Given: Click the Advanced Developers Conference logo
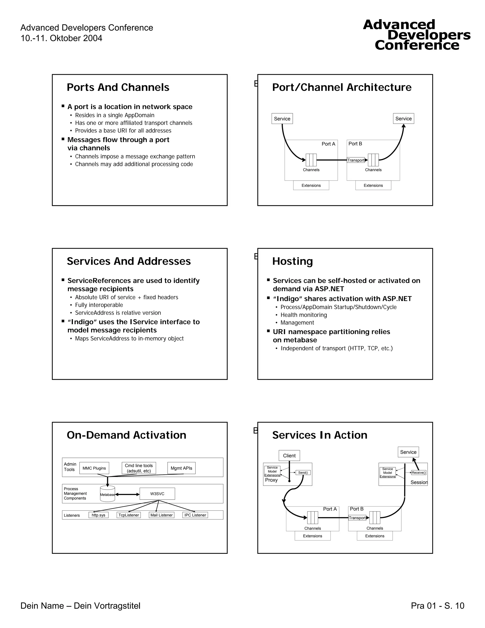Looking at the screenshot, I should (x=417, y=35).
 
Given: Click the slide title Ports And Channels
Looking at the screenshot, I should (x=118, y=87).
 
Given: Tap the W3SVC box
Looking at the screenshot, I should (x=157, y=494).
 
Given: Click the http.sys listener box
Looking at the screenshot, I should (x=99, y=515).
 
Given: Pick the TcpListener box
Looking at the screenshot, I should (x=129, y=515).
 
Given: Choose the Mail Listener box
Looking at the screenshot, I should (x=162, y=515).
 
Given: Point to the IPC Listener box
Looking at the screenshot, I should (x=195, y=515).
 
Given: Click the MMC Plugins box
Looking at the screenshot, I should (x=94, y=468).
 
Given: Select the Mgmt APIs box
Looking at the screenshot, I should (x=181, y=468).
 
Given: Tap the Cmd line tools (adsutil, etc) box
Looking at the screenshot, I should (x=139, y=468).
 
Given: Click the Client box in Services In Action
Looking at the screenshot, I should (x=289, y=455).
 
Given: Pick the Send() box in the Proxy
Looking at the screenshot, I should (x=303, y=473).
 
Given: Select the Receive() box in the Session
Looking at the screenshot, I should (x=419, y=473).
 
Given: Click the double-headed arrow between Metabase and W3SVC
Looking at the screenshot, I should (x=127, y=494).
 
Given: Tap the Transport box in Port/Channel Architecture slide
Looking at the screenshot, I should (x=356, y=160).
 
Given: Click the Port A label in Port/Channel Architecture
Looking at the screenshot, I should (x=328, y=144).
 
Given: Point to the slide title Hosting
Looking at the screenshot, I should (x=292, y=261).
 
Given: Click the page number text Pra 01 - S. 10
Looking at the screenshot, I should (x=437, y=605).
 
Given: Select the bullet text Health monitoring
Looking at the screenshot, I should (x=304, y=315).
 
